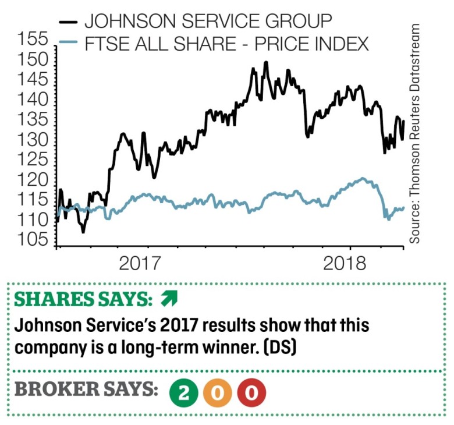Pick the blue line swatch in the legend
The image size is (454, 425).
pyautogui.click(x=68, y=44)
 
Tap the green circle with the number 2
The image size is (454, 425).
pyautogui.click(x=184, y=394)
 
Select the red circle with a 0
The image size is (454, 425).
pyautogui.click(x=251, y=394)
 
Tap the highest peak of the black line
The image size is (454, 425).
pyautogui.click(x=267, y=62)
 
